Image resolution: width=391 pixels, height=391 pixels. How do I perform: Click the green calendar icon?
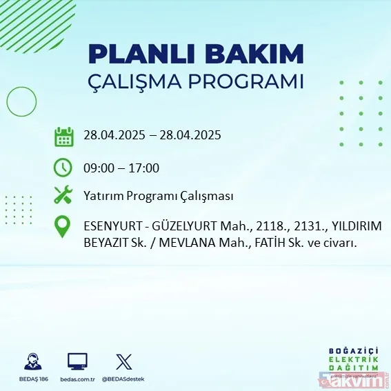click(x=63, y=136)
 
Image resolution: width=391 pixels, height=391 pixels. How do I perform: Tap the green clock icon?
click(x=63, y=168)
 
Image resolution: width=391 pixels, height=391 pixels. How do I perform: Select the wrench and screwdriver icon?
click(x=63, y=196)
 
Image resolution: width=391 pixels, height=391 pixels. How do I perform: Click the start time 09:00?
click(x=97, y=168)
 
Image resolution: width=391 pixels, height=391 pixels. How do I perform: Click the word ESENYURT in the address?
click(x=110, y=226)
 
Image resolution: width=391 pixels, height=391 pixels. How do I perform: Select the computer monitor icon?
click(x=77, y=361)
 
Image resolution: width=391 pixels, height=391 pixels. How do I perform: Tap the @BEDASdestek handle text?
click(x=124, y=379)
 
